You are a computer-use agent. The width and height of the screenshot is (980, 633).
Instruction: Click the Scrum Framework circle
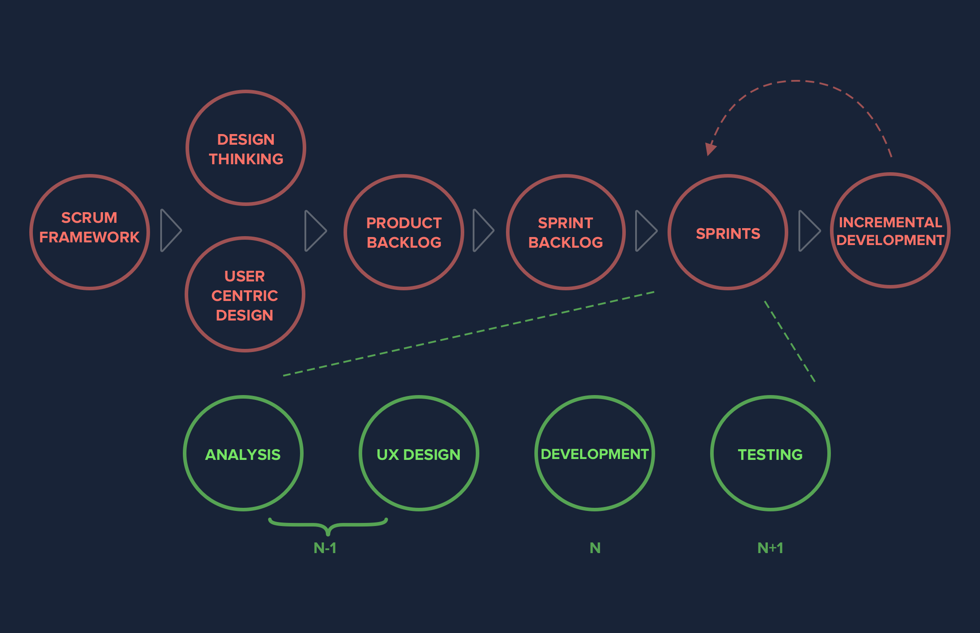click(x=90, y=232)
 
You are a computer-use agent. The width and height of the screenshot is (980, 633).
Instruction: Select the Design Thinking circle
click(x=246, y=148)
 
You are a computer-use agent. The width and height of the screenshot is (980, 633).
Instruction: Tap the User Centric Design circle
click(x=245, y=294)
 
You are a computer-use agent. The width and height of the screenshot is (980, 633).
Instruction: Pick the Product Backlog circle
click(x=404, y=232)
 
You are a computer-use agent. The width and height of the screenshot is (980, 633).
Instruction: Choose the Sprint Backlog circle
click(x=565, y=232)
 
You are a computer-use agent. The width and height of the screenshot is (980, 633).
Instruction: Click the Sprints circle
click(x=728, y=232)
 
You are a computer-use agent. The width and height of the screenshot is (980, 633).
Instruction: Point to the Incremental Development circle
click(x=890, y=230)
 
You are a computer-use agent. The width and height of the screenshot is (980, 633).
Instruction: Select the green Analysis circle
click(x=243, y=453)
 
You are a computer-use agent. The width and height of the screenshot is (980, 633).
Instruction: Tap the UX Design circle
click(x=419, y=453)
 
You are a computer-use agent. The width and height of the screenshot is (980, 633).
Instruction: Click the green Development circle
click(x=595, y=453)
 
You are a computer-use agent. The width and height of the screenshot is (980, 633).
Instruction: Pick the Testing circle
click(x=770, y=453)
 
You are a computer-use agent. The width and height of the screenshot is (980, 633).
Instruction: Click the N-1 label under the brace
click(x=325, y=548)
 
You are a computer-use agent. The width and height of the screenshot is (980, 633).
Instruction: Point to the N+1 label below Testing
click(x=770, y=548)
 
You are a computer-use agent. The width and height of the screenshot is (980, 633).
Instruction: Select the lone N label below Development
click(x=595, y=548)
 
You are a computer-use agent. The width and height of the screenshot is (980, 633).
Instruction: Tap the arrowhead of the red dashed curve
click(x=710, y=149)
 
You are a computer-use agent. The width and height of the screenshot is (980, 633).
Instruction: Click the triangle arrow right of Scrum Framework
click(x=170, y=230)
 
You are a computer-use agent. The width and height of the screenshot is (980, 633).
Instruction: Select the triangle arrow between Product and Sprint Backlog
click(x=483, y=230)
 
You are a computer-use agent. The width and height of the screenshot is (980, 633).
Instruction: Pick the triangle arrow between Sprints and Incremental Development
click(x=809, y=230)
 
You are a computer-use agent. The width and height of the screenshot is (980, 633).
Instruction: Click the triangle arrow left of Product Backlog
click(x=315, y=230)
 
